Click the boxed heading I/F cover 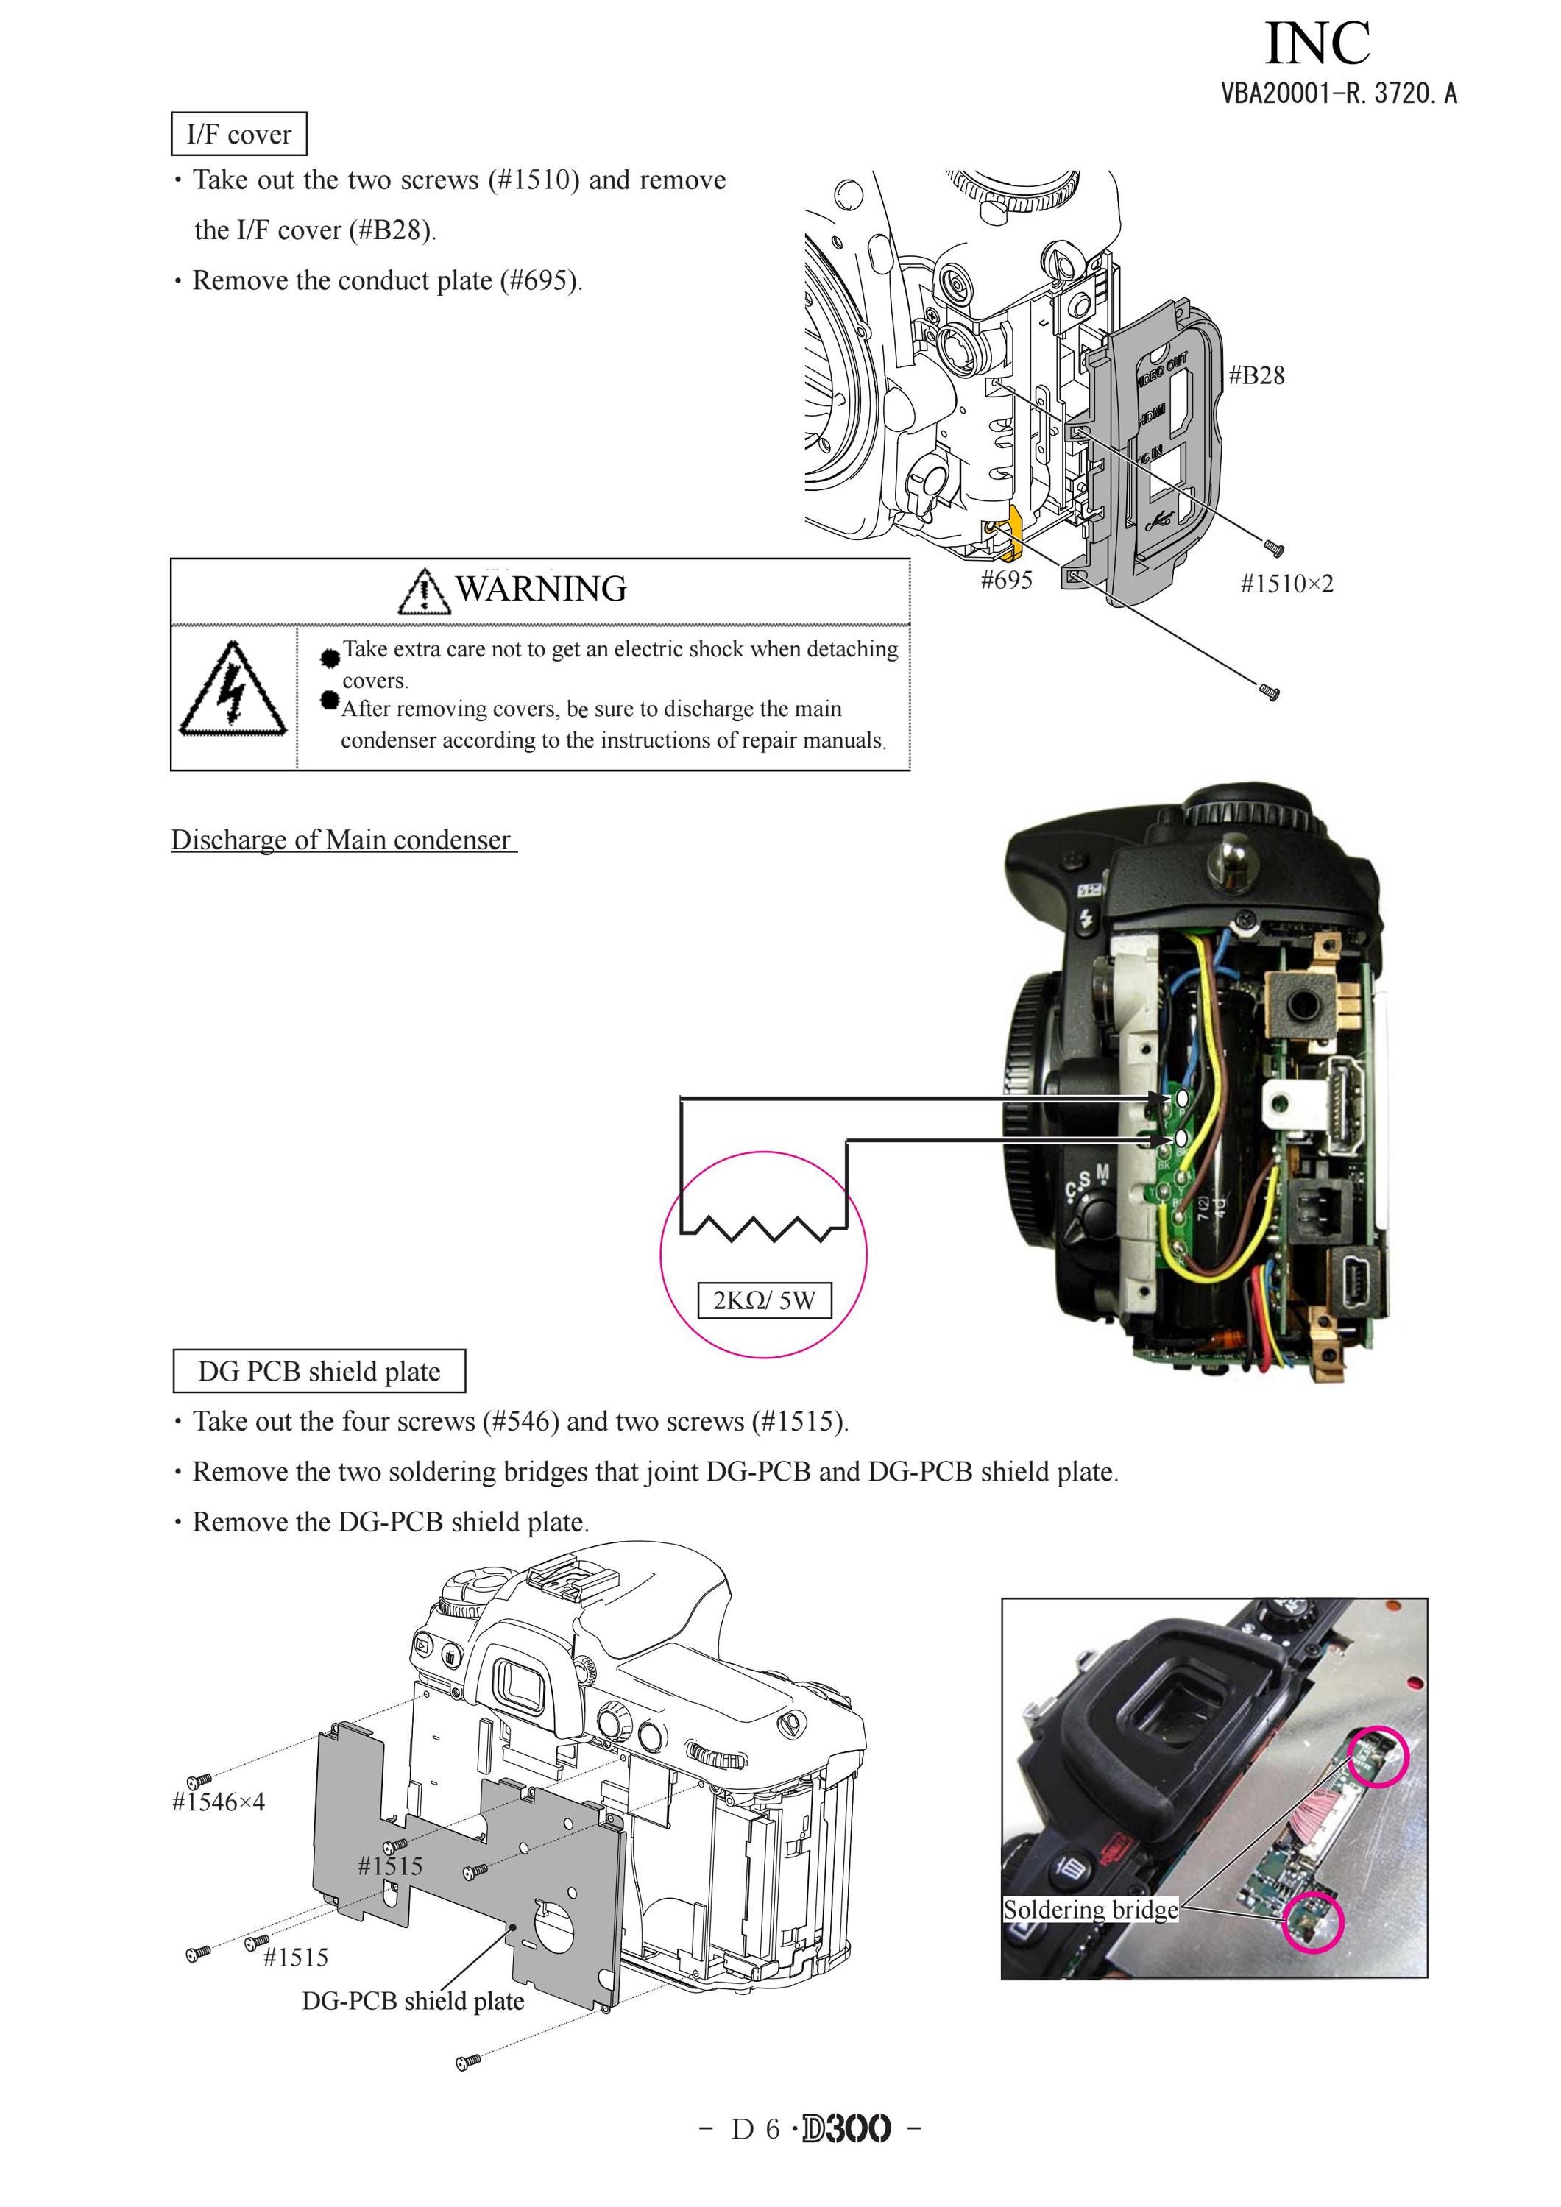tap(239, 134)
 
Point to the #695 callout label tap(1006, 580)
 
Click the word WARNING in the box tap(541, 588)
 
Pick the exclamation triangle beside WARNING tap(424, 591)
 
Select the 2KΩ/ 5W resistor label tap(764, 1300)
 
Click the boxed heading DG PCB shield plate tap(319, 1371)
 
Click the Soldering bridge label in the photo tap(1090, 1909)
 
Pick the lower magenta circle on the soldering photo tap(1312, 1922)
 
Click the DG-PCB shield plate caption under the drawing tap(414, 2001)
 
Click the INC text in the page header tap(1318, 43)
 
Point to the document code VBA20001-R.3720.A tap(1339, 93)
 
